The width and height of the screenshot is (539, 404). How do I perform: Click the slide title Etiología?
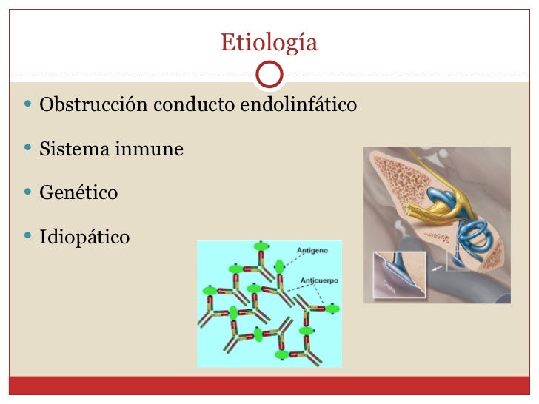point(269,43)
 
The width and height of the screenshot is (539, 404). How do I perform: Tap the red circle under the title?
point(269,74)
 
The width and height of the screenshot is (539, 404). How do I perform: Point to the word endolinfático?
point(298,105)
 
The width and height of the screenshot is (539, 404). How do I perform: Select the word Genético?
point(78,193)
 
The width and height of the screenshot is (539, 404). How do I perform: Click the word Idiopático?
point(84,238)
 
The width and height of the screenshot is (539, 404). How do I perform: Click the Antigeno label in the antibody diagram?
point(312,252)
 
